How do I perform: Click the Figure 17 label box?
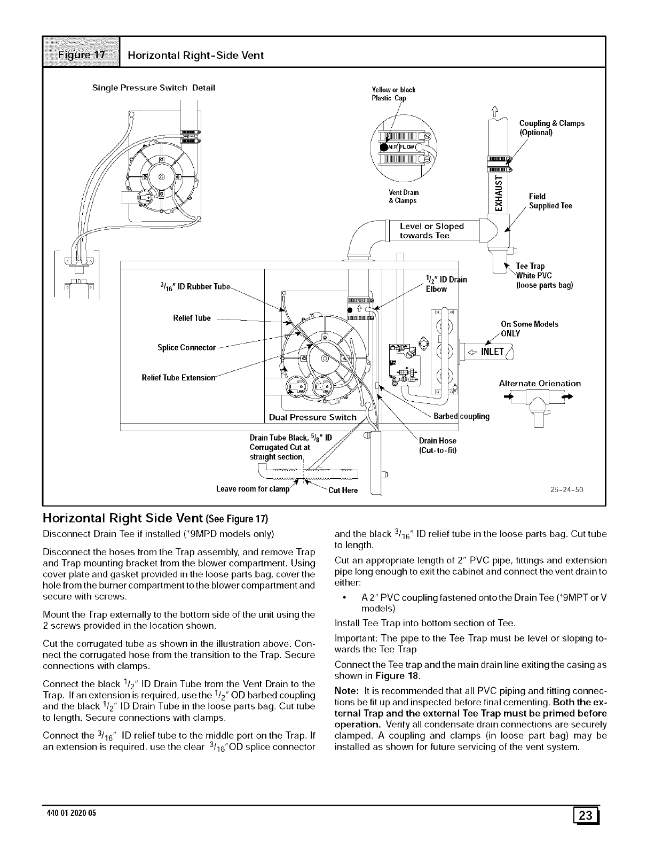click(83, 55)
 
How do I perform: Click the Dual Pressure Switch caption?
click(313, 417)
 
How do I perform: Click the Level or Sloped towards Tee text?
click(432, 231)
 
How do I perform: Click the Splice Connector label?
click(186, 348)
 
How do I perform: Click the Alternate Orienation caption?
click(539, 383)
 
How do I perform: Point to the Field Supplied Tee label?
click(550, 201)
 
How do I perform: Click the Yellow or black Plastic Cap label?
click(393, 94)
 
